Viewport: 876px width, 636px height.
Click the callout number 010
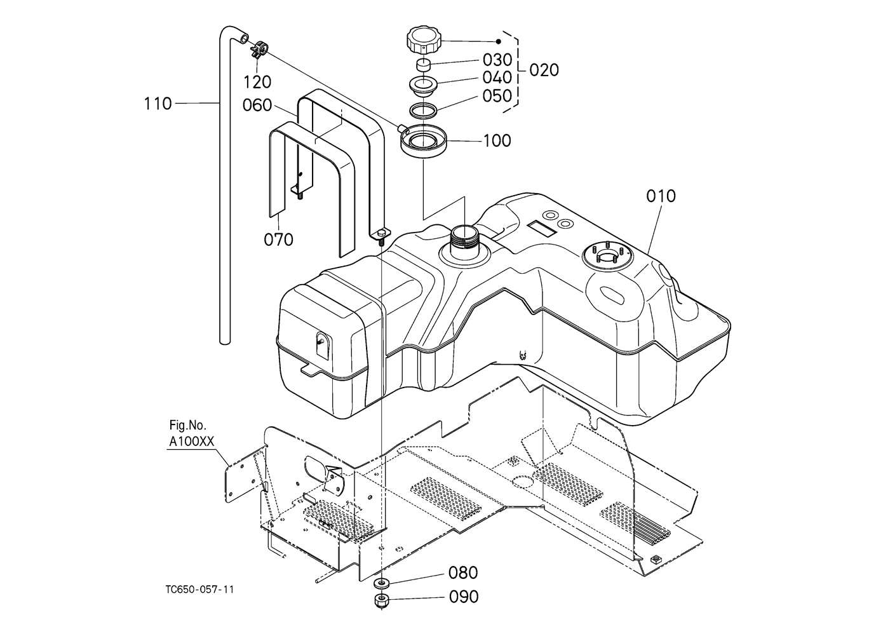click(x=661, y=196)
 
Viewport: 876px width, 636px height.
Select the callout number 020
click(x=544, y=70)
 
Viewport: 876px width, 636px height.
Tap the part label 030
click(x=497, y=60)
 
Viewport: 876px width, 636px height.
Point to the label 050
click(x=497, y=96)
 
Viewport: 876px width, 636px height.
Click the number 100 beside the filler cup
click(x=497, y=141)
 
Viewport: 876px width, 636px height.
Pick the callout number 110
click(x=158, y=104)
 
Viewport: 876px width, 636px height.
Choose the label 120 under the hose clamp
click(x=257, y=82)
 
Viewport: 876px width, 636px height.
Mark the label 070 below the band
click(x=278, y=240)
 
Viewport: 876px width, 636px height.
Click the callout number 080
click(x=463, y=572)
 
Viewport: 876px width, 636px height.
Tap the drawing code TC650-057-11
click(x=199, y=590)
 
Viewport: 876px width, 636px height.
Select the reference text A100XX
click(x=192, y=442)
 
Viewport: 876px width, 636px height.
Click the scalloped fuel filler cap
click(x=424, y=42)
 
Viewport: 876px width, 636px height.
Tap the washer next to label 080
click(x=381, y=583)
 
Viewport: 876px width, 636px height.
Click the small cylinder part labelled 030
click(x=422, y=64)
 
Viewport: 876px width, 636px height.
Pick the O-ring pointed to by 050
click(x=422, y=109)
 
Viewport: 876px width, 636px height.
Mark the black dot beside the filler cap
click(x=498, y=41)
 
